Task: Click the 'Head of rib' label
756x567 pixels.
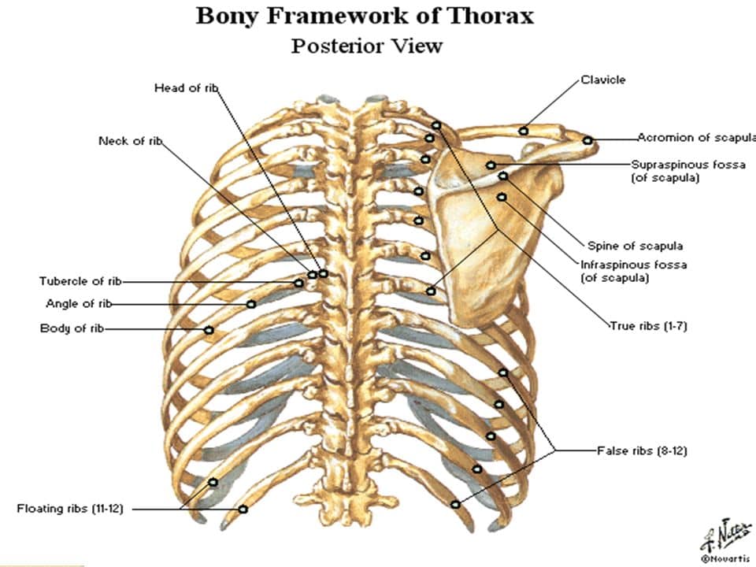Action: pyautogui.click(x=186, y=87)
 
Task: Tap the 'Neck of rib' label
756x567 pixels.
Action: pyautogui.click(x=130, y=141)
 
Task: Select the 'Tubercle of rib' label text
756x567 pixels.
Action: pyautogui.click(x=80, y=281)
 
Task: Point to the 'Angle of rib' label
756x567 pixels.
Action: pyautogui.click(x=79, y=304)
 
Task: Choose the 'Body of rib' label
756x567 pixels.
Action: pyautogui.click(x=72, y=328)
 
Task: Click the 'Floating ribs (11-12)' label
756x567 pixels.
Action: pyautogui.click(x=70, y=509)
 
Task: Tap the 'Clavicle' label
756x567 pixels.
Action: pyautogui.click(x=603, y=80)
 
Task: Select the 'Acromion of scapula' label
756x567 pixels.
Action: pyautogui.click(x=696, y=137)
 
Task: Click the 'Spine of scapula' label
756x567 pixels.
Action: pyautogui.click(x=635, y=246)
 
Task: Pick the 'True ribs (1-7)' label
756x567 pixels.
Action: pyautogui.click(x=648, y=326)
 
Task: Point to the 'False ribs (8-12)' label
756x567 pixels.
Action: pyautogui.click(x=643, y=450)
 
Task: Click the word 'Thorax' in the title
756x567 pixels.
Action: pyautogui.click(x=491, y=16)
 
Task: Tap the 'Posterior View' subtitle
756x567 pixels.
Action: pyautogui.click(x=367, y=46)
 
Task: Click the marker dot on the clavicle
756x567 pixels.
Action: pyautogui.click(x=524, y=131)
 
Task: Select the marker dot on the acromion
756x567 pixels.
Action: pyautogui.click(x=587, y=140)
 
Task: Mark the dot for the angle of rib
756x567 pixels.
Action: pyautogui.click(x=250, y=304)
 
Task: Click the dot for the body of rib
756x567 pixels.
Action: pyautogui.click(x=209, y=330)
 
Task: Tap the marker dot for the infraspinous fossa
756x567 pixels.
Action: pyautogui.click(x=502, y=197)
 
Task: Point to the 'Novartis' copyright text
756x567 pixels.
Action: pyautogui.click(x=725, y=559)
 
